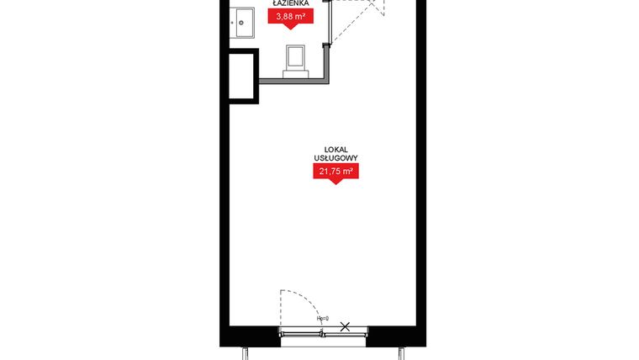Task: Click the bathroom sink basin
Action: click(243, 21)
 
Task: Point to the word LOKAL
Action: click(335, 148)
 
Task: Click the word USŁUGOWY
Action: click(335, 157)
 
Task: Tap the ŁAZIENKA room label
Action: click(291, 3)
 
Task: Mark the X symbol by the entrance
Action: click(345, 326)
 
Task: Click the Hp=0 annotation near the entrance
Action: click(322, 320)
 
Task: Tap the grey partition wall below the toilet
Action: click(294, 81)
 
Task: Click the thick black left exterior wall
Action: click(224, 210)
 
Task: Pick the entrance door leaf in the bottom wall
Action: click(301, 336)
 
